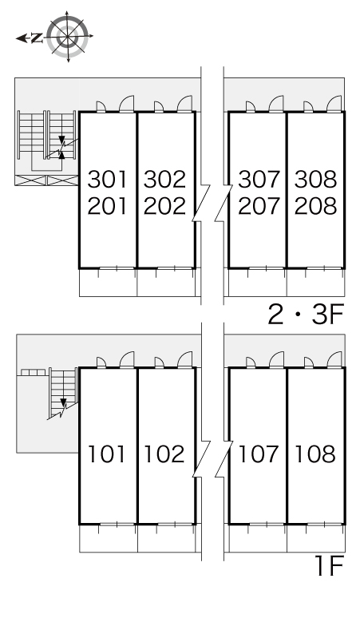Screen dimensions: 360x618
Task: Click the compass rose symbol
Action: [68, 37]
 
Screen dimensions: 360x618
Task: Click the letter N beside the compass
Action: [37, 38]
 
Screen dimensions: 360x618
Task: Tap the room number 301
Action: [108, 180]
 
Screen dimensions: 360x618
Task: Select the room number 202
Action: [164, 206]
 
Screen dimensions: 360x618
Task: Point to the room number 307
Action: [259, 180]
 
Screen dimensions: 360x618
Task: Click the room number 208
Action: [315, 206]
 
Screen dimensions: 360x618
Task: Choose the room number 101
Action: [107, 454]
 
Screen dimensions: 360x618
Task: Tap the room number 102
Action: [164, 454]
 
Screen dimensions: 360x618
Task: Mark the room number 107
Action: [259, 454]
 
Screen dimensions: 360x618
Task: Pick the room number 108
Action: [315, 454]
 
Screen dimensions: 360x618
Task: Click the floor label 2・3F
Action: [306, 314]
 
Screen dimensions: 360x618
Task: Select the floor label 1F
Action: [330, 566]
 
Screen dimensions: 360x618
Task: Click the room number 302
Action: [164, 180]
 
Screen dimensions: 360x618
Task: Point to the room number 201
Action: [108, 206]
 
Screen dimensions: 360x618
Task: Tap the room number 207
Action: [259, 206]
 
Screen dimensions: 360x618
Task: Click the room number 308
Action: [315, 180]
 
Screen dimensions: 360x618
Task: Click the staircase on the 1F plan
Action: [63, 393]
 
